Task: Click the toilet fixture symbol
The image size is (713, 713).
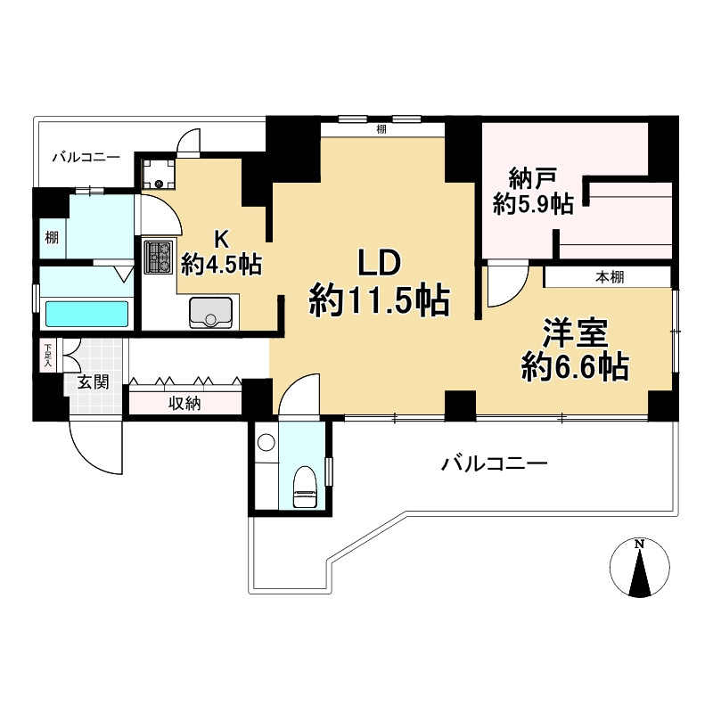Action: [304, 487]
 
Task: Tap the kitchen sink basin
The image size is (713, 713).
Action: [210, 312]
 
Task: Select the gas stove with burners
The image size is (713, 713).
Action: [159, 258]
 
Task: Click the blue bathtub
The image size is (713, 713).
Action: [86, 314]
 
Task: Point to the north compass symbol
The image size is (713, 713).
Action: [639, 568]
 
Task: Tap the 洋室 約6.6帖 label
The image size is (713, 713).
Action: [575, 349]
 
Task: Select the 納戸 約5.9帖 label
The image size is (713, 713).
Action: [533, 191]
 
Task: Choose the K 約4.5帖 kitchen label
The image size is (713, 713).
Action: [221, 252]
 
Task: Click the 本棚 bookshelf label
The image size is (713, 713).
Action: [610, 277]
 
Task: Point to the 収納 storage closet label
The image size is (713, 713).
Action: [184, 404]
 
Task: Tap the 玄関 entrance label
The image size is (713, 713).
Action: [94, 382]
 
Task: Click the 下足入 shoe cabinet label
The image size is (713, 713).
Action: [47, 355]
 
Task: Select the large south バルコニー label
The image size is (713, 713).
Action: [495, 464]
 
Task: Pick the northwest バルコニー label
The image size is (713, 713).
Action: [86, 158]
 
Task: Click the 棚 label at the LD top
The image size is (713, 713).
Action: [381, 129]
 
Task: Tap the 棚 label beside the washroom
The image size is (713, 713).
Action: [52, 237]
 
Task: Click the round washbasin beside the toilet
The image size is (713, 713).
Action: [266, 442]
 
